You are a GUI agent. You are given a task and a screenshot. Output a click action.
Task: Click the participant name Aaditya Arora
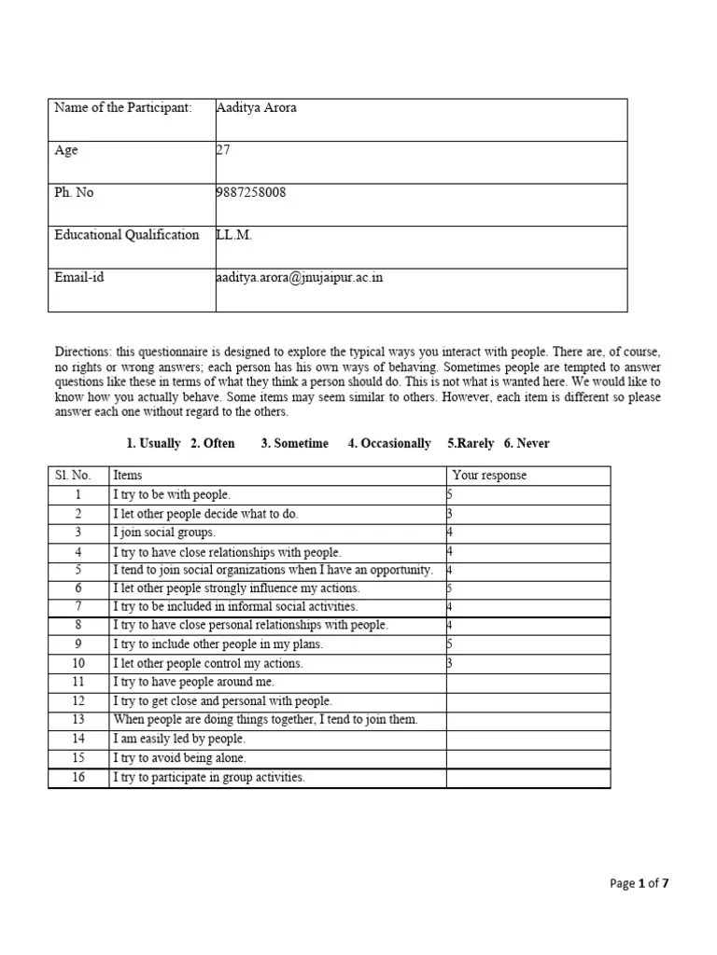tap(256, 107)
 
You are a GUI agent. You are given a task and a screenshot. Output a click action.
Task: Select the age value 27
tap(222, 150)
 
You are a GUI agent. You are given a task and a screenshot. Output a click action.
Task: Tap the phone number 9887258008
tap(250, 193)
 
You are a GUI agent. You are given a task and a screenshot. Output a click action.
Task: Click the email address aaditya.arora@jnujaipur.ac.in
tap(299, 278)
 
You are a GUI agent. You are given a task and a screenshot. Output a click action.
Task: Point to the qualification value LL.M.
tap(233, 235)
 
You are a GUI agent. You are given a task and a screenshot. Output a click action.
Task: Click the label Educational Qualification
tap(127, 235)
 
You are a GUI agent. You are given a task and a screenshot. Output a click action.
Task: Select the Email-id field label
tap(79, 278)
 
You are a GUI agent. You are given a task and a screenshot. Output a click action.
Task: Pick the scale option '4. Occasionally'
tap(389, 444)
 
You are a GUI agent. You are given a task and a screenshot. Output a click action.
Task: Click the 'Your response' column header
tap(489, 476)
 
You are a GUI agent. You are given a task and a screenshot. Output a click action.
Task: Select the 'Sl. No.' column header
tap(73, 476)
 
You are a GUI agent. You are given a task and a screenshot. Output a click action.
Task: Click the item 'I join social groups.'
tap(164, 533)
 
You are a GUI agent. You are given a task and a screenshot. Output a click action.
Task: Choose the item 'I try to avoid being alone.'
tap(179, 758)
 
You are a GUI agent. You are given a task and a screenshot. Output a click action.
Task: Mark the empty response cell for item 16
tap(527, 778)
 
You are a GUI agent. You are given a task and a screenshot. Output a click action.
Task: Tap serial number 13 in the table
tap(78, 720)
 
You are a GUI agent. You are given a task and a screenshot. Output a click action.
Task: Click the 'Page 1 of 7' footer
tap(639, 883)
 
